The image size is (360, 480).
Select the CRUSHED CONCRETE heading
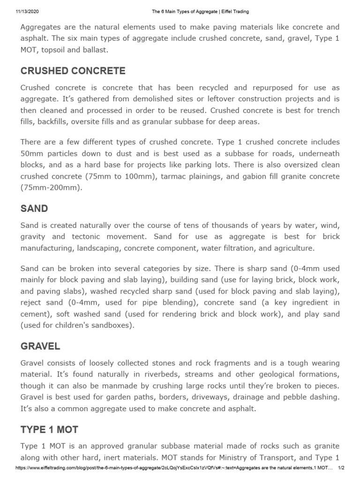coord(73,71)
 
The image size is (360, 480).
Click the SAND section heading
coord(34,209)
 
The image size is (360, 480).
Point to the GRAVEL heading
coord(40,346)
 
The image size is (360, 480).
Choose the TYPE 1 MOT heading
coord(49,429)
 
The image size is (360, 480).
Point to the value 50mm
coord(32,153)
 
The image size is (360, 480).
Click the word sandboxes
coord(113,325)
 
